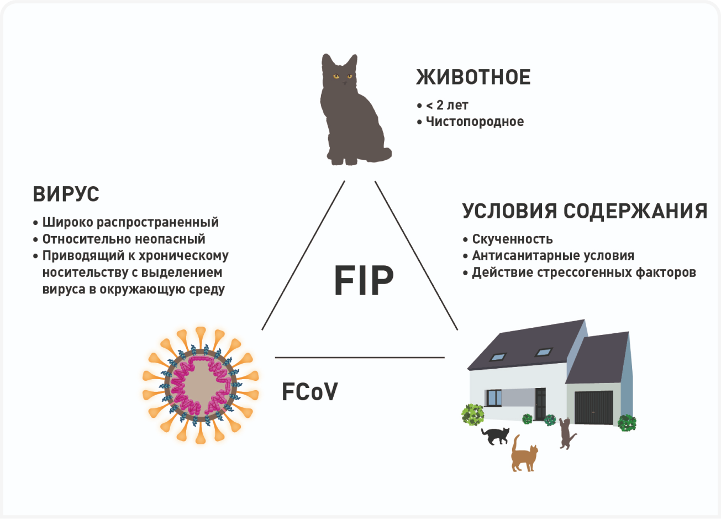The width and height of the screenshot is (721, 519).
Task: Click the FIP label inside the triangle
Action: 364,281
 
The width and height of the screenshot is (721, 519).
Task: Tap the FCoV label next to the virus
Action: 309,392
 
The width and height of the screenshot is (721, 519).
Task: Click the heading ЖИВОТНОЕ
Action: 473,77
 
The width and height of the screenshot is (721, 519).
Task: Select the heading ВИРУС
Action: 66,195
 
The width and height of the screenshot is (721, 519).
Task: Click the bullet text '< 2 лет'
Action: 447,105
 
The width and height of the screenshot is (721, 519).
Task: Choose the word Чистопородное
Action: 475,122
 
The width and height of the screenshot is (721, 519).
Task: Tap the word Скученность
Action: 512,239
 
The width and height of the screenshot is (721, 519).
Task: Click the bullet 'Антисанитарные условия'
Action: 552,256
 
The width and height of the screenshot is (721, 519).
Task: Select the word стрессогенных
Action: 581,272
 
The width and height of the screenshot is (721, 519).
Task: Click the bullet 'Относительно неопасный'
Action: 124,239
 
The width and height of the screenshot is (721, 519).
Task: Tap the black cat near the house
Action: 496,436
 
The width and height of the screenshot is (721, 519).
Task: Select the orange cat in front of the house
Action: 523,455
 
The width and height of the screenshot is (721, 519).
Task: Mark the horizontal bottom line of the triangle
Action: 359,358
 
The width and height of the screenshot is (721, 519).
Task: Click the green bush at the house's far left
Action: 473,414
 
